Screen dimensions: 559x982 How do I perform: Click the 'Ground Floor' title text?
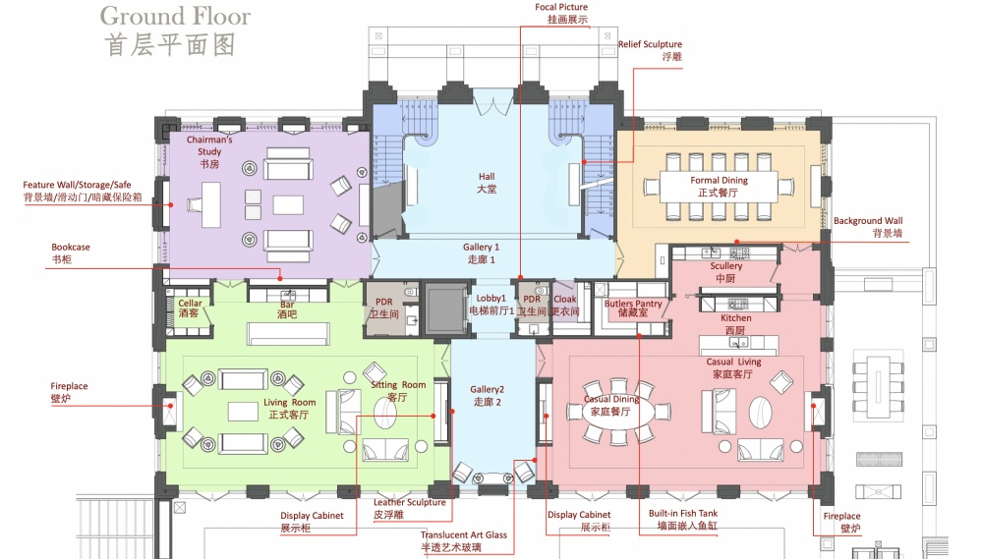tap(175, 17)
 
